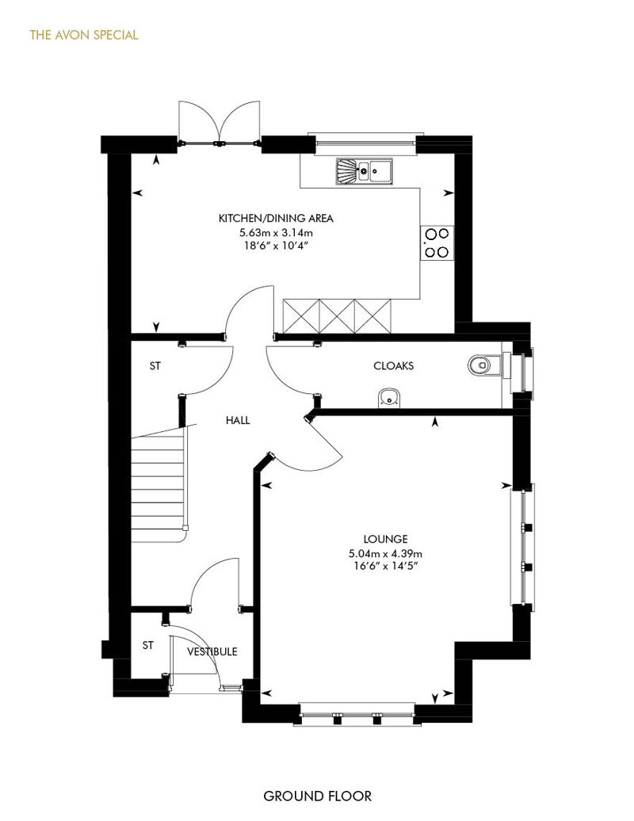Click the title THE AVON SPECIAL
point(84,35)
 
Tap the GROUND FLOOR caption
point(317,796)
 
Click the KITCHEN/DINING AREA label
point(276,219)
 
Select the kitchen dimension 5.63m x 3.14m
point(276,232)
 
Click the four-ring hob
point(437,243)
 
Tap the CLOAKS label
point(393,365)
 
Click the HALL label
point(238,420)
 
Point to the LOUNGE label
point(385,539)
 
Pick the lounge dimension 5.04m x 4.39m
point(385,553)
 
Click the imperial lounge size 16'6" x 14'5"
point(385,566)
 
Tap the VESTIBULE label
point(212,651)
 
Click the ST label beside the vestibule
point(148,645)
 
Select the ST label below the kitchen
point(155,366)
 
